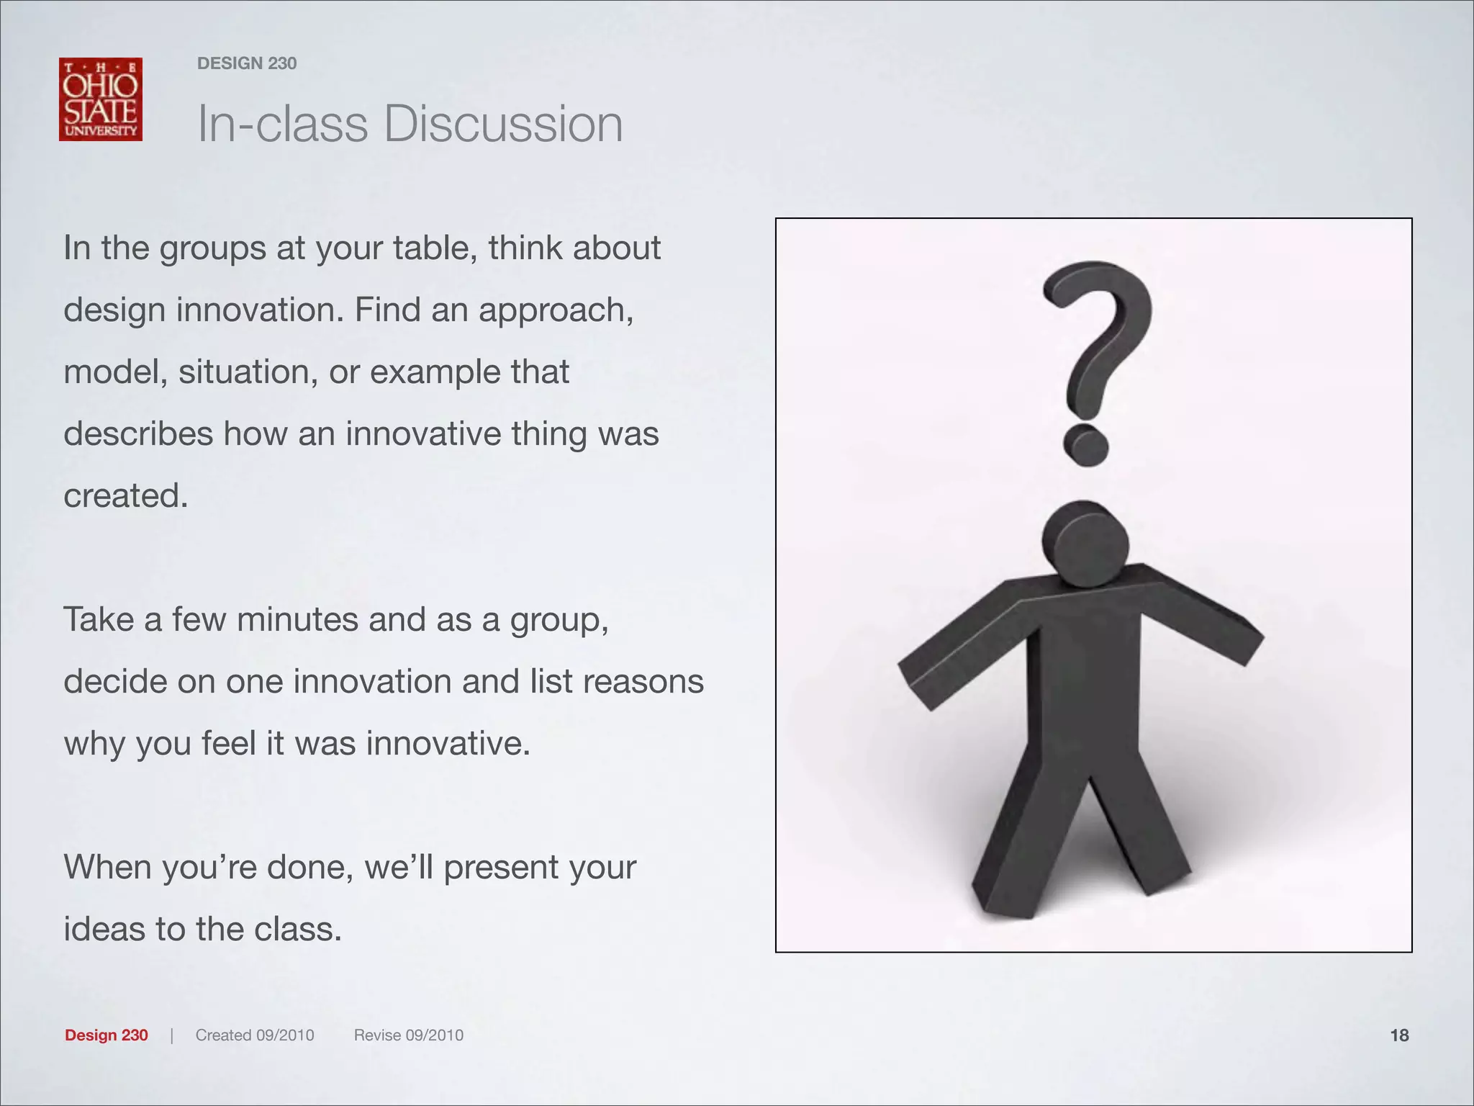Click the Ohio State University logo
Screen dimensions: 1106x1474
click(x=101, y=99)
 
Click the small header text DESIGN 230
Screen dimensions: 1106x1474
click(x=247, y=63)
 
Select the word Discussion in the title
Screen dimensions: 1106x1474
click(x=503, y=124)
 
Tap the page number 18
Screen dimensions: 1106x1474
click(x=1399, y=1035)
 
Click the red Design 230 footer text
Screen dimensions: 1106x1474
click(x=107, y=1035)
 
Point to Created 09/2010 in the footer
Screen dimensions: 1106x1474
click(x=255, y=1035)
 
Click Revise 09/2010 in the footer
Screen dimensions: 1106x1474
click(x=409, y=1035)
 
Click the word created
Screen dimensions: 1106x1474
click(x=126, y=496)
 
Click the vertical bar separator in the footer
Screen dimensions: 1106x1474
click(x=172, y=1035)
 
